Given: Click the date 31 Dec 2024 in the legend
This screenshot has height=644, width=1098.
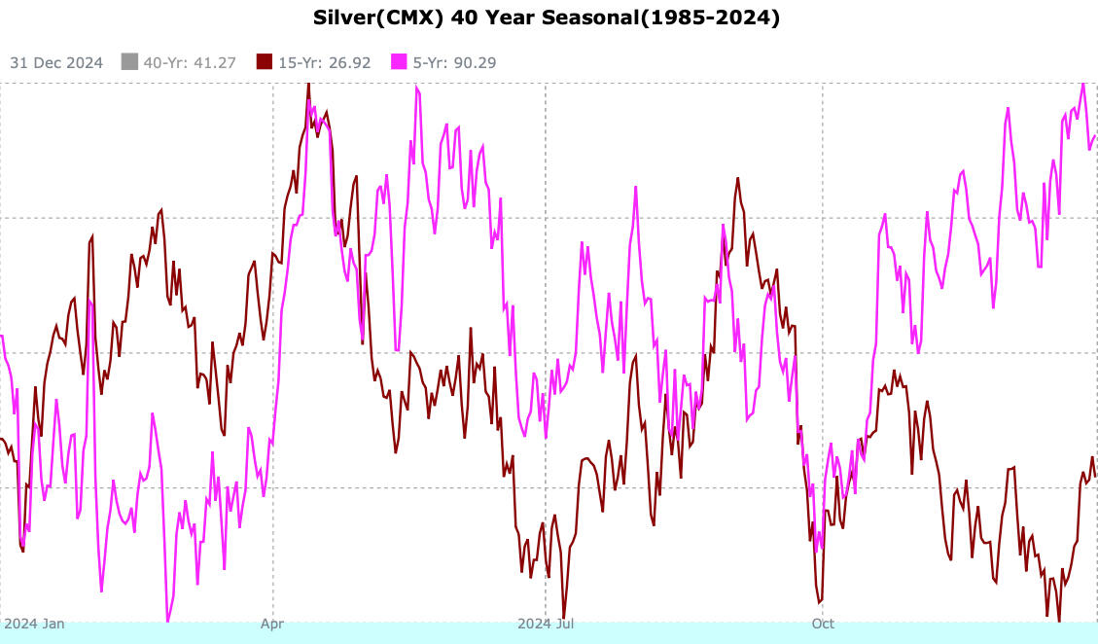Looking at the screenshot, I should coord(56,63).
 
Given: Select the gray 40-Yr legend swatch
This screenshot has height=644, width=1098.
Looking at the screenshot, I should coord(129,63).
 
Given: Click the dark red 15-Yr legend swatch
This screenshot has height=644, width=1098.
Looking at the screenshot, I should coord(265,63).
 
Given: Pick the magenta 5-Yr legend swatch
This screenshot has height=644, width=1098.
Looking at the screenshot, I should coord(400,63).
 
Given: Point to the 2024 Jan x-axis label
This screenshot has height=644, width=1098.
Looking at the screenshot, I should coord(34,624).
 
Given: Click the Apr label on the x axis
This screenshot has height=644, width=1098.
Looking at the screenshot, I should coord(273,624).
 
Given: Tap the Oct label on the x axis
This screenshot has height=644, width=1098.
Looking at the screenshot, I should coord(824,624).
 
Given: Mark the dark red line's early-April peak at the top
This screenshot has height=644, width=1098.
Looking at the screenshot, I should coord(308,85).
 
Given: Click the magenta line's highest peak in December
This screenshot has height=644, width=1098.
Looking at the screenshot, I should coord(1082,84).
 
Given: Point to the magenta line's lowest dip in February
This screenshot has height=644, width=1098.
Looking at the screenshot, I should coord(167,620).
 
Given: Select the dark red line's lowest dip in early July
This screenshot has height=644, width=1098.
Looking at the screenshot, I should coord(564,617).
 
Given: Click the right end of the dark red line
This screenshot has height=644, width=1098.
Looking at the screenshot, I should coord(1095,475).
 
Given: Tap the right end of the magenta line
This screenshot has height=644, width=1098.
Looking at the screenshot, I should coord(1095,135).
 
